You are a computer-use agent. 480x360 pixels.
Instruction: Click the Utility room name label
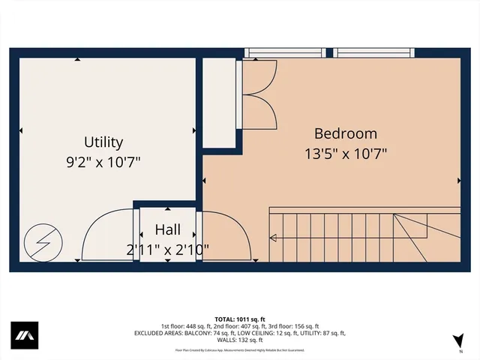(x=103, y=142)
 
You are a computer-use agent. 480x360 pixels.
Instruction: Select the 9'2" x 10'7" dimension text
(x=103, y=160)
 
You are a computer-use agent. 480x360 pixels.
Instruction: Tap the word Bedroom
(x=345, y=133)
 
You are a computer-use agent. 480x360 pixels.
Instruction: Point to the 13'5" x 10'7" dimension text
(x=345, y=153)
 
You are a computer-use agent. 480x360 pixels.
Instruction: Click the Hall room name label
(x=167, y=229)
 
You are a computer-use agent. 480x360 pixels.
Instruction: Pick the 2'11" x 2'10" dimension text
(x=167, y=248)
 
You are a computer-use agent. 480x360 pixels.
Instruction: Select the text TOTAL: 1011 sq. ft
(x=240, y=319)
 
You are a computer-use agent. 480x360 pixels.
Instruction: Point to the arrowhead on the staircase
(x=273, y=239)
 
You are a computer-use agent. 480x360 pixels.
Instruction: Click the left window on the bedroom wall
(x=286, y=52)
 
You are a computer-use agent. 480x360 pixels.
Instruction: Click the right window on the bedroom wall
(x=374, y=52)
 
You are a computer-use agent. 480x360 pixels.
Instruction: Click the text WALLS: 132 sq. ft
(x=240, y=340)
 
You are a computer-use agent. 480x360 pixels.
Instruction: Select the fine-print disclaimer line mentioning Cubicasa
(x=240, y=349)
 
